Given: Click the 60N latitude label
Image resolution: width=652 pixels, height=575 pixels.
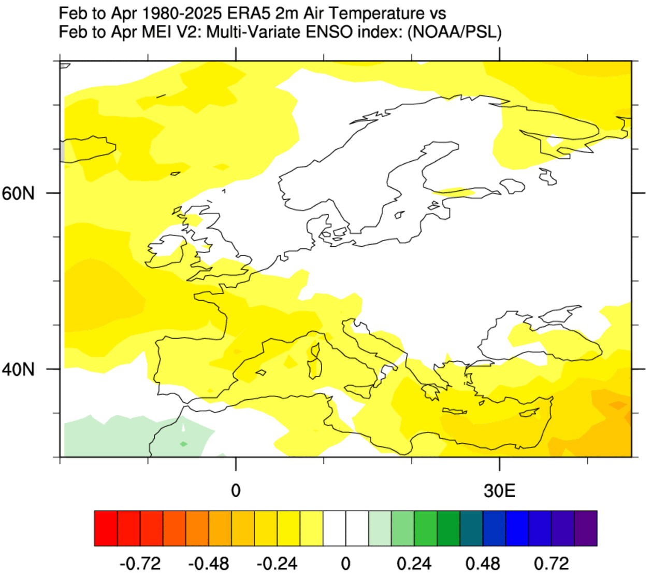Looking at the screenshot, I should coord(18,193).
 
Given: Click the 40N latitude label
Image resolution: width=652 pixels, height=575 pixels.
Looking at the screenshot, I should coord(18,370).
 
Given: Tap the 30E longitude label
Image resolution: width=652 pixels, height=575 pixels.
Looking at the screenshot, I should coord(499,490).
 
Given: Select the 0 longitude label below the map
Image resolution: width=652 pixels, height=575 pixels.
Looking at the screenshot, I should coord(236,490).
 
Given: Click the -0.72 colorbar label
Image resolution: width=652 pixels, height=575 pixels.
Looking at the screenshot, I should coord(140,563).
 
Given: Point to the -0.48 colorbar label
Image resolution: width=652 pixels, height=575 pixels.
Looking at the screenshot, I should coord(208,563).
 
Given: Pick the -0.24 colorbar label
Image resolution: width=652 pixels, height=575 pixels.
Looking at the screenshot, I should coord(277,563).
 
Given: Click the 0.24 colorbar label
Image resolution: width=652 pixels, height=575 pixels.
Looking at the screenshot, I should coord(414,563).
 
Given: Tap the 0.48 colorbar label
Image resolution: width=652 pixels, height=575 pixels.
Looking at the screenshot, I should coord(483,563).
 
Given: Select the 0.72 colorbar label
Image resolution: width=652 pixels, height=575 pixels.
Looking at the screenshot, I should coord(551,563).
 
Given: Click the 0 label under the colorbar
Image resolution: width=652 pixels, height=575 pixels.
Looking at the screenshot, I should coord(345,563).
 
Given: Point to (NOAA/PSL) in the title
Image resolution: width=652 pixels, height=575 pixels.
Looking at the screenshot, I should coord(454,32).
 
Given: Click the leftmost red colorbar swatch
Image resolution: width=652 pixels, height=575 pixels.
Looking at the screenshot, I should coord(106,528).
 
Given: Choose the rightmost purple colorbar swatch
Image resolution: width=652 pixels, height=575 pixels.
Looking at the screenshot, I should coord(586,528).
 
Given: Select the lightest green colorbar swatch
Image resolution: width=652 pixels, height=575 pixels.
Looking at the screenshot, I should coord(380,528).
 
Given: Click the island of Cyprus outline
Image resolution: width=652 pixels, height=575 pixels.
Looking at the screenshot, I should coord(529,412).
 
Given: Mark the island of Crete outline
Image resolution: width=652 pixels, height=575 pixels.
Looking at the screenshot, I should coord(454,412).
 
